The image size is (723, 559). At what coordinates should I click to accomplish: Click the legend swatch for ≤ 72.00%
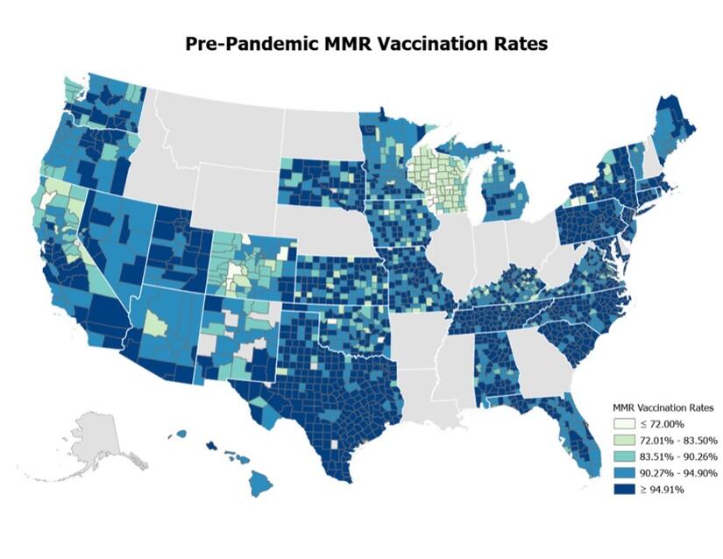click(x=623, y=424)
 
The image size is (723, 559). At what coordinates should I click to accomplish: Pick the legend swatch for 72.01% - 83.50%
click(x=623, y=441)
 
